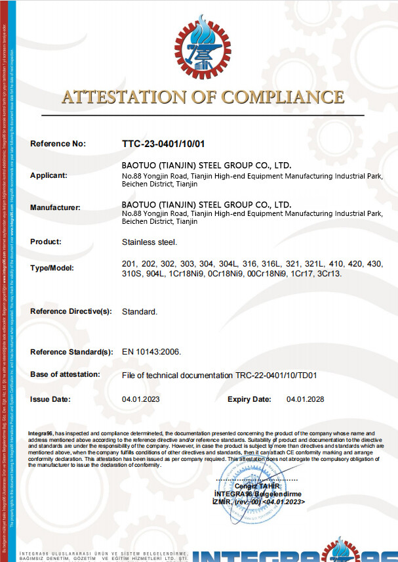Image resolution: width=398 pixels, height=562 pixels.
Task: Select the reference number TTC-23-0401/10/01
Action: pyautogui.click(x=163, y=143)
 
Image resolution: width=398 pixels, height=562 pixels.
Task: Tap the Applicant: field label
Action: pyautogui.click(x=49, y=175)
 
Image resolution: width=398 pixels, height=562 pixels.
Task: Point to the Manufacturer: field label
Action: pyautogui.click(x=55, y=207)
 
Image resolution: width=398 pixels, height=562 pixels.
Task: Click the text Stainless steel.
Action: pyautogui.click(x=149, y=242)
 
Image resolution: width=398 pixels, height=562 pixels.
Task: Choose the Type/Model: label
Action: pyautogui.click(x=52, y=268)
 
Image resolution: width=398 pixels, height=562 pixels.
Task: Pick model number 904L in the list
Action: pyautogui.click(x=156, y=272)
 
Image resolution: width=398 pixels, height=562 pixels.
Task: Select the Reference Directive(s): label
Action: pyautogui.click(x=71, y=311)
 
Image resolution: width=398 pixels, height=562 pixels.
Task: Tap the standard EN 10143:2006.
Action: pyautogui.click(x=151, y=352)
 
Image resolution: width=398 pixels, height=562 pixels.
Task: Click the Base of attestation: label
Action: pyautogui.click(x=65, y=374)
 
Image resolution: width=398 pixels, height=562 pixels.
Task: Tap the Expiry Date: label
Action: pyautogui.click(x=249, y=399)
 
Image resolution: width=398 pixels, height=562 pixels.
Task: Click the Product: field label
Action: pyautogui.click(x=46, y=242)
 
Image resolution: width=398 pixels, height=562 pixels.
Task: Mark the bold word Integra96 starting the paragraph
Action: pyautogui.click(x=41, y=434)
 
